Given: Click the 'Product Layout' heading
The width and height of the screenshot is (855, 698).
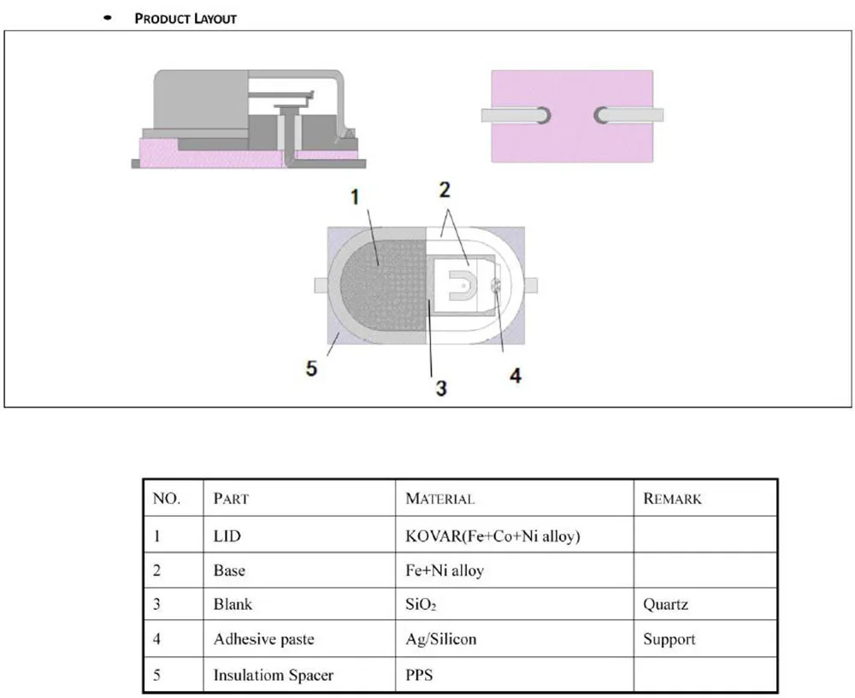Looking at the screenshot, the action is [x=186, y=19].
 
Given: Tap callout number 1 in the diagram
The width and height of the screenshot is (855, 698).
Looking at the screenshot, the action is [x=355, y=198].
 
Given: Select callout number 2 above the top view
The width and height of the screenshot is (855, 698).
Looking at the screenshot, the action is [x=445, y=190].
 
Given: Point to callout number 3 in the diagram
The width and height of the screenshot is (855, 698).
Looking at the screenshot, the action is [x=441, y=388].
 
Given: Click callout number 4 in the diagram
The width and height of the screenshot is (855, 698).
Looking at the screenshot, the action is [x=516, y=376].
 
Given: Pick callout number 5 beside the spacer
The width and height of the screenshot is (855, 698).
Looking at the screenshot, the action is [x=311, y=369].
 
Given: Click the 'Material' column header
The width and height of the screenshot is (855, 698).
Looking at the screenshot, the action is [x=440, y=499].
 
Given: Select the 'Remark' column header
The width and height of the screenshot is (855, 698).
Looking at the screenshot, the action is [x=672, y=499].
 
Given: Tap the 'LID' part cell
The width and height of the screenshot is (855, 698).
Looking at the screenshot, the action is [x=227, y=536].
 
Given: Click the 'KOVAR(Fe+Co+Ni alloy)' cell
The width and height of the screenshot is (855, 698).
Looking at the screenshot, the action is [x=493, y=536].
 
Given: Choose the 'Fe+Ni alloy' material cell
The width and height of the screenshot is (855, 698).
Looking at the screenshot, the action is [x=445, y=571].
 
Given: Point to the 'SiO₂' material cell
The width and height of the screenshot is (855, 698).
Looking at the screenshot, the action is [x=421, y=605].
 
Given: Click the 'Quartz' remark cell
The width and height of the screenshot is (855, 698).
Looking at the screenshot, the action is [x=665, y=605].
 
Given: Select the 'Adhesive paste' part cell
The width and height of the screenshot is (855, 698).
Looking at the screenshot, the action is [x=264, y=639].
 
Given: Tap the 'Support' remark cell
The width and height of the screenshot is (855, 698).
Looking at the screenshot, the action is [x=669, y=639].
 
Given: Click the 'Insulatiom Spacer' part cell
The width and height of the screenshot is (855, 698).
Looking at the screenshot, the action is [x=274, y=675].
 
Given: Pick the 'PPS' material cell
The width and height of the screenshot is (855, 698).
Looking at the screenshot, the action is [x=419, y=675].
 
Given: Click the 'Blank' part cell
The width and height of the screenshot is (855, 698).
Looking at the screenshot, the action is [x=233, y=605].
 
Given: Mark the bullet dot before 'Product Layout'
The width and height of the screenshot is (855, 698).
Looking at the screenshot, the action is [x=108, y=18].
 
